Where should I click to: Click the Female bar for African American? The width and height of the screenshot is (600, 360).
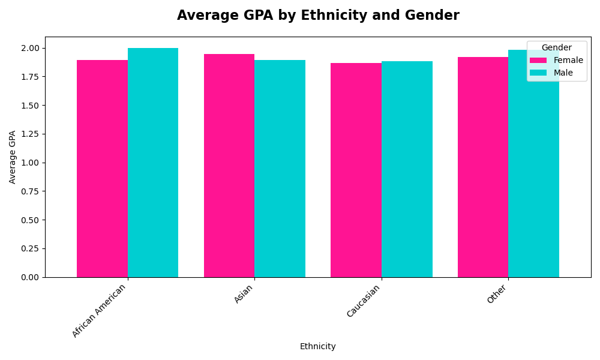pos(102,169)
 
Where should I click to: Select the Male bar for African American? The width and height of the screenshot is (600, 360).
pos(153,163)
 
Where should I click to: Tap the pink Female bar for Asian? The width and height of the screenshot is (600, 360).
pos(229,166)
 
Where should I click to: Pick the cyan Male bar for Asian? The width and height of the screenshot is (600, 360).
pos(280,169)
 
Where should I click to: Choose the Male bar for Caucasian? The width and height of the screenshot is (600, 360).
pos(407,169)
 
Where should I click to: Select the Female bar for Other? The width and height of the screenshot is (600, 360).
pos(483,167)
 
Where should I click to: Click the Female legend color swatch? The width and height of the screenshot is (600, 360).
pos(538,61)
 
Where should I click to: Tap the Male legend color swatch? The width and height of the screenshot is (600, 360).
pos(538,73)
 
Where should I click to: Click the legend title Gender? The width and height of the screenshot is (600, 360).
pos(556,48)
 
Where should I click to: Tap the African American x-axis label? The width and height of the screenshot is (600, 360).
pos(100,310)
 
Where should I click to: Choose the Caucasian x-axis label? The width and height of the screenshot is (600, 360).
pos(364,301)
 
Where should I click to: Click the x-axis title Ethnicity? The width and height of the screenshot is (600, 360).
pos(317,347)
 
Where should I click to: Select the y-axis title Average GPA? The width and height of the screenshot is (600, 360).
pos(13,157)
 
